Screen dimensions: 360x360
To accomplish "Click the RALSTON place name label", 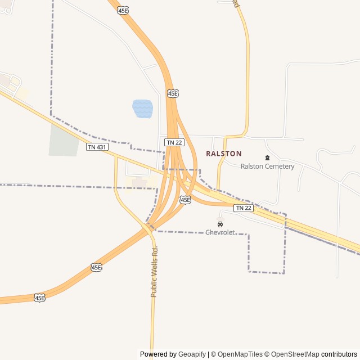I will point(224,154).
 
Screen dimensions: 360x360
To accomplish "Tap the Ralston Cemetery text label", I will point(267,166).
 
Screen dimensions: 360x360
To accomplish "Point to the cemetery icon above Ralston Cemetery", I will point(267,157).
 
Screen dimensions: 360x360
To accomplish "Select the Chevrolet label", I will point(220,232).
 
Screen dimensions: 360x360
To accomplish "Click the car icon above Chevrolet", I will point(220,224).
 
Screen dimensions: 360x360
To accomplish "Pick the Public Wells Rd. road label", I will point(154,272).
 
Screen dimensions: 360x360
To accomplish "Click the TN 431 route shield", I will point(96,147).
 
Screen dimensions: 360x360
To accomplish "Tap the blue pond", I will point(142,109).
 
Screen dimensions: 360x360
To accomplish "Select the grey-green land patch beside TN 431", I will point(64,140).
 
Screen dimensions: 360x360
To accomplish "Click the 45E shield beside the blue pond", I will point(173,93).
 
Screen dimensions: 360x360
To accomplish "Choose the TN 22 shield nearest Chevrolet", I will point(244,208).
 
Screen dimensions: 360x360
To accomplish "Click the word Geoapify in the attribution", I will point(192,354).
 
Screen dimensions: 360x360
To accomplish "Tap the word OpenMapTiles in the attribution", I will point(240,354).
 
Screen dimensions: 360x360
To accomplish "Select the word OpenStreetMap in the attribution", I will point(295,354).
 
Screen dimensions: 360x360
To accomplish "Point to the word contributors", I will point(339,354).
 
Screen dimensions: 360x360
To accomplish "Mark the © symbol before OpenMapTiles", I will point(213,354).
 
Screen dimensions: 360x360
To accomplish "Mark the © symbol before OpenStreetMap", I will point(268,354).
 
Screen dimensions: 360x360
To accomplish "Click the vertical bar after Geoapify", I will point(209,354).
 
